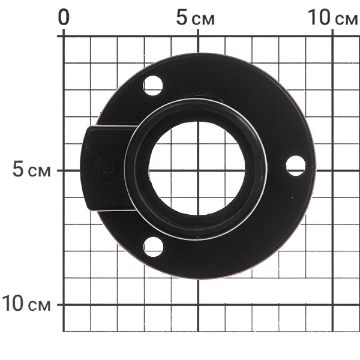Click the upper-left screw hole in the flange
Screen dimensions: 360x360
click(153, 86)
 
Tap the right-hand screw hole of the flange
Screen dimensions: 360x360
click(296, 166)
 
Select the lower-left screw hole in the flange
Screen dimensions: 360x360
click(153, 247)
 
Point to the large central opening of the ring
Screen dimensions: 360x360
click(197, 168)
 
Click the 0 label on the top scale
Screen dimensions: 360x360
click(64, 17)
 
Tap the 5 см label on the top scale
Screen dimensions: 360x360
click(196, 18)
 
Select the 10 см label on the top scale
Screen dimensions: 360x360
click(332, 17)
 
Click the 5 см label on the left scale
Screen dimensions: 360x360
click(31, 170)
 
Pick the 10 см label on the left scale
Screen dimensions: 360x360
click(26, 304)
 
